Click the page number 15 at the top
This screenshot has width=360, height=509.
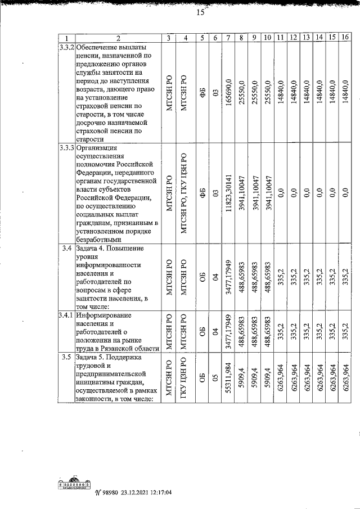[x=200, y=14]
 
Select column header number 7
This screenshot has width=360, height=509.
[x=228, y=38]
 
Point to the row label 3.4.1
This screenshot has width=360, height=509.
[x=66, y=315]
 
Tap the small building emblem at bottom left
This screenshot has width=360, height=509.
[x=75, y=483]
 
